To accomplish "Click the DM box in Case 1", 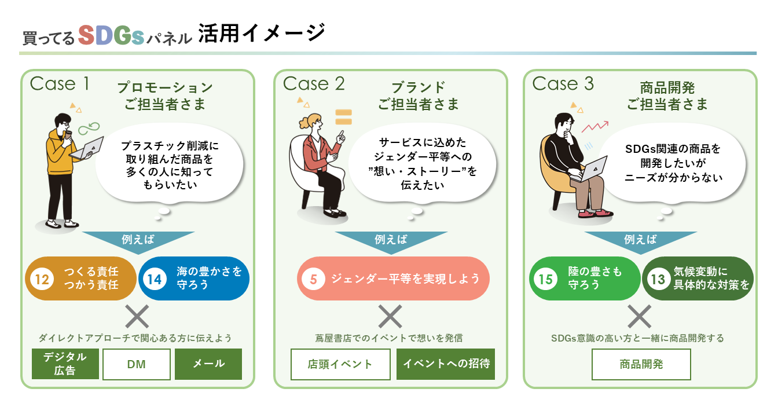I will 137,364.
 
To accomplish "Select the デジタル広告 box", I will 65,364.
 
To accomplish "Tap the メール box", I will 208,364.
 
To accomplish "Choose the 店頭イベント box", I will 340,364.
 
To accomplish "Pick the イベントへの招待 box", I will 446,364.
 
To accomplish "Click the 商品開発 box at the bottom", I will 641,364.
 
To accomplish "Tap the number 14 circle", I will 155,279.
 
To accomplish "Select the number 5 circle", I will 313,279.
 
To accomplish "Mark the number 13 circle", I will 658,279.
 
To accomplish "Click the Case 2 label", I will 314,84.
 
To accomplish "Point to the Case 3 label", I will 563,84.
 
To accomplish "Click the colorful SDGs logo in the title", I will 111,36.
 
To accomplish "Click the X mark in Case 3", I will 640,317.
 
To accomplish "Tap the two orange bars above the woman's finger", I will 343,116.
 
